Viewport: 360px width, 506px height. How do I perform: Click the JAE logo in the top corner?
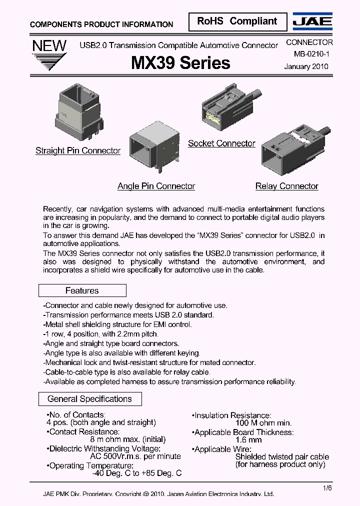tap(312, 22)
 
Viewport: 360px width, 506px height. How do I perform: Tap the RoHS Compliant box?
tap(237, 21)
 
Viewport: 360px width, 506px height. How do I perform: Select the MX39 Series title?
tap(180, 62)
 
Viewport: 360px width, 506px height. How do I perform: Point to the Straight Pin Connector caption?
tap(78, 150)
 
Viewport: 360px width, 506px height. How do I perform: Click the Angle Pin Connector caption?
tap(156, 186)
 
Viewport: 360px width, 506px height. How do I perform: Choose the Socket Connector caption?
tap(221, 143)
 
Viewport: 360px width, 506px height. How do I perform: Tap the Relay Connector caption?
tap(286, 186)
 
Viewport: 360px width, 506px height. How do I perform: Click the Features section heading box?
tap(82, 290)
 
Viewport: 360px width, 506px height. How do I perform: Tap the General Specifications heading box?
tap(90, 399)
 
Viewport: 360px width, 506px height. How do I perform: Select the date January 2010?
tap(306, 66)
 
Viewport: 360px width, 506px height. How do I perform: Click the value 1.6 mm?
tap(248, 440)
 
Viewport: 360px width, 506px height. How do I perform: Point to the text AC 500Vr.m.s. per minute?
tap(135, 456)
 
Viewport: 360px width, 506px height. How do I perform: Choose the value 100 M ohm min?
tap(263, 423)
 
